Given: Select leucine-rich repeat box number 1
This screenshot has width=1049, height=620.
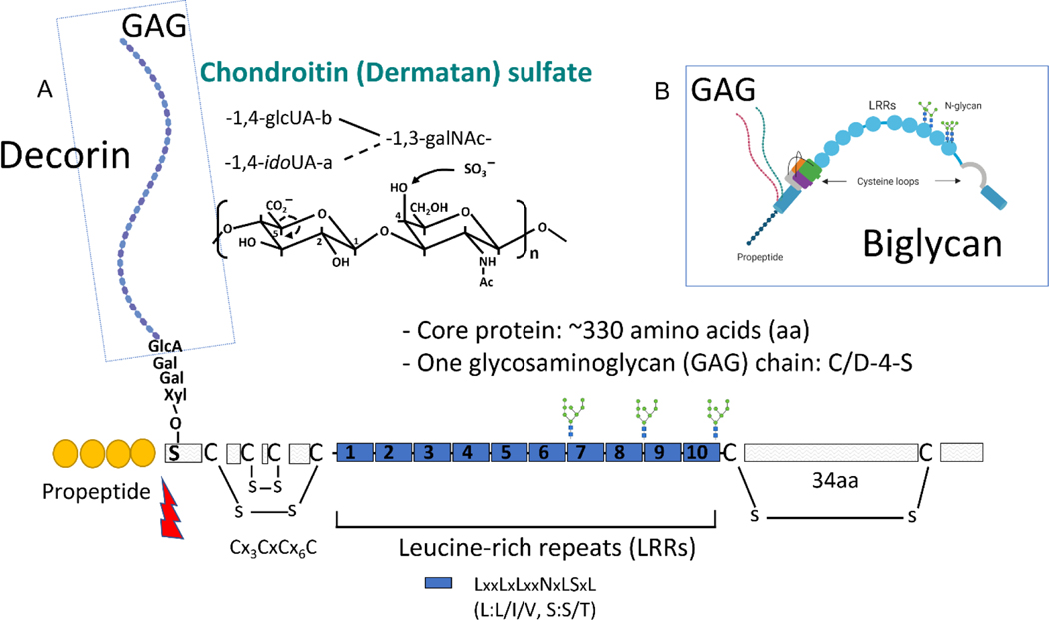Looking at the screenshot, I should coord(354,453).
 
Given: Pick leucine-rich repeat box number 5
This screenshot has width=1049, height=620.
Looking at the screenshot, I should coord(507,453).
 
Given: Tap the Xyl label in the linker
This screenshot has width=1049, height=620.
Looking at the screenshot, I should coord(176,396).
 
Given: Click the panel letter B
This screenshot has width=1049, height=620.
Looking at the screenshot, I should coord(661,90).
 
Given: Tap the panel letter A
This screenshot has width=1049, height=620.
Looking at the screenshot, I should coord(46,90).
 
